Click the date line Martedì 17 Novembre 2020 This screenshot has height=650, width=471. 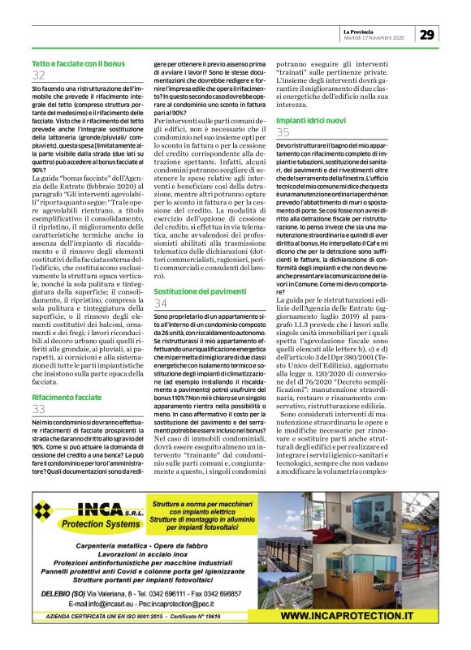374,37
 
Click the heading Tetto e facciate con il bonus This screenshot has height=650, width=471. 78,62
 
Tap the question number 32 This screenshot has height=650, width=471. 39,75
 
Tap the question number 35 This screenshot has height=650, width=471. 283,131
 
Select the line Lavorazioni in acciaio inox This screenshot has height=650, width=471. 154,553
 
